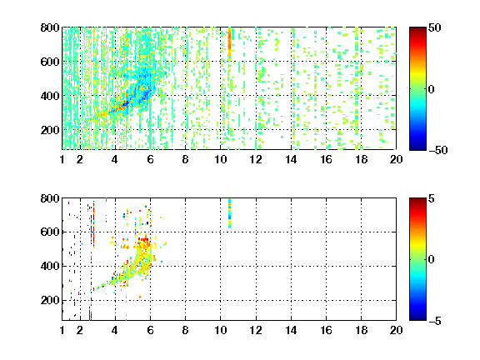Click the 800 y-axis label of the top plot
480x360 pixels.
point(50,27)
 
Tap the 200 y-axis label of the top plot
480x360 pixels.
point(50,130)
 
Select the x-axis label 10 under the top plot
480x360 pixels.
point(220,159)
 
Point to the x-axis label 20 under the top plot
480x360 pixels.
point(396,159)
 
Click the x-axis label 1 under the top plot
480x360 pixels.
point(62,159)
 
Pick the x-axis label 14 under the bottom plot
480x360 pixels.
point(291,330)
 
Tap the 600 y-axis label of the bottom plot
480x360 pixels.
point(50,232)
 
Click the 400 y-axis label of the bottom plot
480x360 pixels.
point(50,266)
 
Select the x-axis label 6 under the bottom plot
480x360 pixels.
point(150,330)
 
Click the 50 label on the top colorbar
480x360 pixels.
point(435,27)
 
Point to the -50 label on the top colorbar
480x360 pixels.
point(438,150)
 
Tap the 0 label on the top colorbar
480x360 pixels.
point(432,89)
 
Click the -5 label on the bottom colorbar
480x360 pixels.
point(435,321)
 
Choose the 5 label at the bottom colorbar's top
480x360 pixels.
point(432,198)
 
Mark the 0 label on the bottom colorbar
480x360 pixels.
point(432,260)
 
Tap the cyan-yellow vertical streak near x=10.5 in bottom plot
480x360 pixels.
point(230,213)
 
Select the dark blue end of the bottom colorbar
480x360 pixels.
point(417,317)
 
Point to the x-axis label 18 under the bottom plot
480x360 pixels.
point(361,330)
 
